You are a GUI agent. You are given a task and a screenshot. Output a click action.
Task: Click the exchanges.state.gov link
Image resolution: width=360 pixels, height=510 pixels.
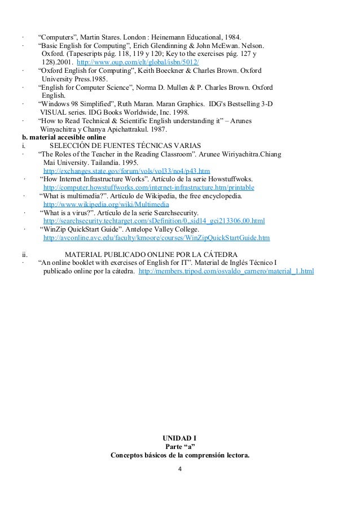[126, 170]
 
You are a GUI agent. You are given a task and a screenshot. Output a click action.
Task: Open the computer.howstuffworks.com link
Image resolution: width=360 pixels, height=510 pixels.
[148, 187]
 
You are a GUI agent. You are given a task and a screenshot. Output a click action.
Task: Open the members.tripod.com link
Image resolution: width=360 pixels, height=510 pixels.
[226, 272]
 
